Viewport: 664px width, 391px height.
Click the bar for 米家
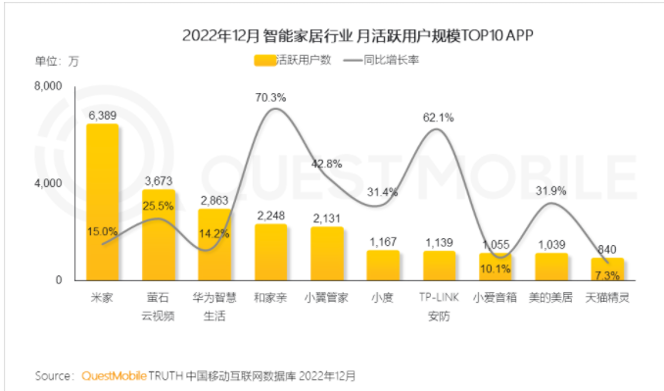[x=103, y=202]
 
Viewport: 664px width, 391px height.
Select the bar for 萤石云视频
[x=160, y=235]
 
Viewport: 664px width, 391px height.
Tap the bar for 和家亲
[x=271, y=252]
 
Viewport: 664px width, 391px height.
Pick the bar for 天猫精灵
[x=607, y=269]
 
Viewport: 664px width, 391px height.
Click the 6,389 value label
[x=103, y=115]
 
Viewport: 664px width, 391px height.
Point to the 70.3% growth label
[x=270, y=97]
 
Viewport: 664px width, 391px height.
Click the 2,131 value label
[x=327, y=218]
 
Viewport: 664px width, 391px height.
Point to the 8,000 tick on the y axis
[x=48, y=87]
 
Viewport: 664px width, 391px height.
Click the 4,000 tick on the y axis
[x=48, y=183]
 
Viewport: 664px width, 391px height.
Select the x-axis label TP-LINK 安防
[x=439, y=303]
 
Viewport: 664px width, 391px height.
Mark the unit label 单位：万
[x=57, y=61]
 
